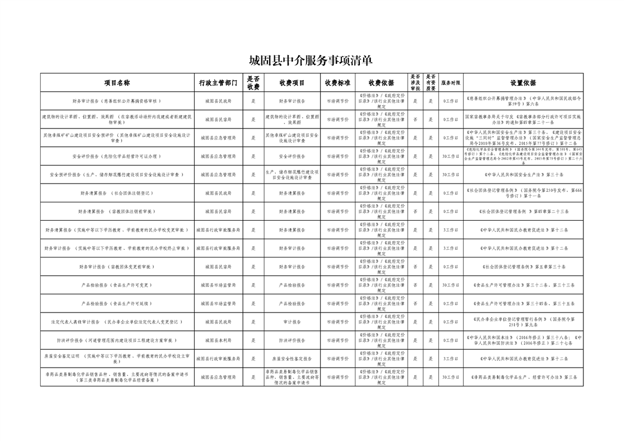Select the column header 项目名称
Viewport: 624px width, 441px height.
[117, 83]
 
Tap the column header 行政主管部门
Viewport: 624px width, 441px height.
[218, 83]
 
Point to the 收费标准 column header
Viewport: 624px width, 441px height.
[338, 83]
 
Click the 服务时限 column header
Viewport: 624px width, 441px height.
[450, 83]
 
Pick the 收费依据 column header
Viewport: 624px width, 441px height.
[381, 83]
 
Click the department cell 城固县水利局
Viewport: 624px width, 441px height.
[218, 340]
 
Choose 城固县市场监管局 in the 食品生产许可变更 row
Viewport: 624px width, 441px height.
[218, 285]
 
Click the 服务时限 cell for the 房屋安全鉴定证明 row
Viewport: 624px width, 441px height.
[450, 359]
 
